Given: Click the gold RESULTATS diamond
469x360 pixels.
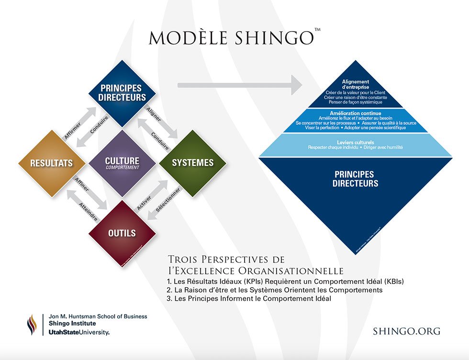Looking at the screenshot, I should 51,163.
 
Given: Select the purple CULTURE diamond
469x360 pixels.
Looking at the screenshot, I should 122,163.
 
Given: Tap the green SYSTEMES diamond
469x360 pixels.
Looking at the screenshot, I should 193,163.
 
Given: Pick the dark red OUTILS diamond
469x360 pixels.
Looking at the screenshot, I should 122,233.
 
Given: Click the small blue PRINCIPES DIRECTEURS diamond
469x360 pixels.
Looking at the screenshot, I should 122,93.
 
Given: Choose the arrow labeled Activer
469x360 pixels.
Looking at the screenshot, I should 145,197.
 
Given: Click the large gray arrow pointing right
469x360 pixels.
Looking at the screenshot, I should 239,86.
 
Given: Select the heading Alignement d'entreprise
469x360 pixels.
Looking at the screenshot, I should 355,85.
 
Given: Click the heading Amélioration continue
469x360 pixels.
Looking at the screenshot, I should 355,113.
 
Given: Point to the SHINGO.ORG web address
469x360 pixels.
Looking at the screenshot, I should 406,331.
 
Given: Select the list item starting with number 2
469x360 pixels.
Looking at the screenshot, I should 274,290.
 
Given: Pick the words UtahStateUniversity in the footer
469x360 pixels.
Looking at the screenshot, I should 79,332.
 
